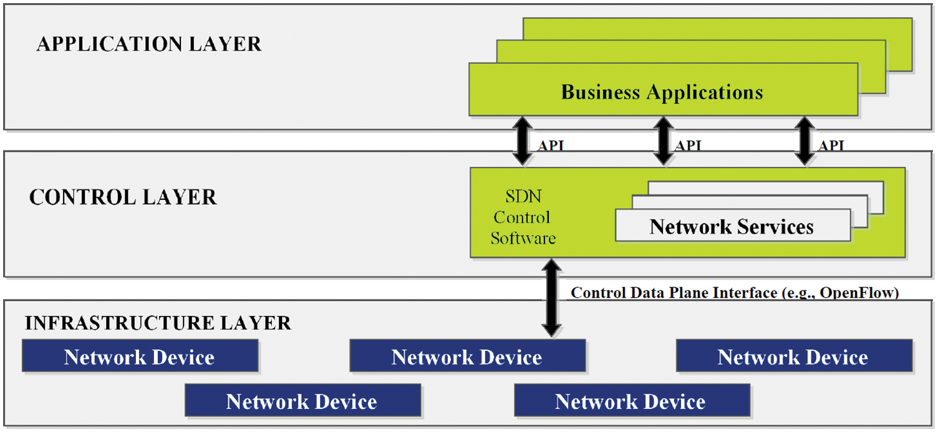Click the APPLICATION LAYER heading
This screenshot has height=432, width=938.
[x=149, y=44]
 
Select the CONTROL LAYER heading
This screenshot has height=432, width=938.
[x=123, y=197]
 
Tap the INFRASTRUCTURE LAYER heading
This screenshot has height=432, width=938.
[x=158, y=323]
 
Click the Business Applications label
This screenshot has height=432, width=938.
[x=662, y=92]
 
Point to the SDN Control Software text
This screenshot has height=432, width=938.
[x=523, y=218]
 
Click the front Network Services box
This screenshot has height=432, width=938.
[x=732, y=226]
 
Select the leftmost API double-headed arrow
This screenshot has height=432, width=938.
[x=523, y=142]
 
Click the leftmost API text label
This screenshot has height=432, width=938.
[x=550, y=146]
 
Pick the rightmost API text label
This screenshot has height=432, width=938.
[x=831, y=146]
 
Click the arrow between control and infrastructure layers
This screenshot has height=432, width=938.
[x=551, y=299]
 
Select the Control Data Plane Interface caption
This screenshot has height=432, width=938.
[x=735, y=293]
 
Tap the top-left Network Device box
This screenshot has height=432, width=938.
[x=140, y=356]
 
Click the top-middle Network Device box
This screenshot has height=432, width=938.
[x=467, y=356]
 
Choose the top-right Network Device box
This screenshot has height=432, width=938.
[x=793, y=356]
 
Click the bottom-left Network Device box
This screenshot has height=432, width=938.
[x=302, y=401]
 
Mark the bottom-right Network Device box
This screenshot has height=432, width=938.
[x=631, y=401]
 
